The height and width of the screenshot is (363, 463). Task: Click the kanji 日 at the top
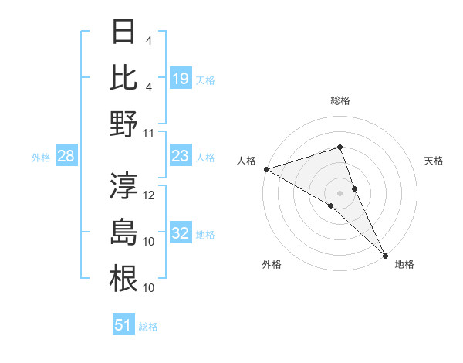pyautogui.click(x=123, y=33)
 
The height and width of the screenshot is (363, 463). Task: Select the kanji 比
pyautogui.click(x=123, y=78)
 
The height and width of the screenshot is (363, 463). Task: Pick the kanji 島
pyautogui.click(x=123, y=232)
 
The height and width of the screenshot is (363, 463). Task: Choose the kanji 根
pyautogui.click(x=123, y=279)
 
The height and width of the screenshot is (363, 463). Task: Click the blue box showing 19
pyautogui.click(x=181, y=78)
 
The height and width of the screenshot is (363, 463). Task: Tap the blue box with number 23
pyautogui.click(x=181, y=157)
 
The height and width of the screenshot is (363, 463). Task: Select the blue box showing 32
pyautogui.click(x=181, y=234)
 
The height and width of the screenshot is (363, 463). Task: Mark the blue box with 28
pyautogui.click(x=66, y=157)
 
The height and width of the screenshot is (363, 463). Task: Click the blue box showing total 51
pyautogui.click(x=123, y=325)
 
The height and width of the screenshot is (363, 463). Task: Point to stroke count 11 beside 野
pyautogui.click(x=149, y=133)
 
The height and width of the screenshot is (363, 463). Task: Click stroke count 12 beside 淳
pyautogui.click(x=149, y=195)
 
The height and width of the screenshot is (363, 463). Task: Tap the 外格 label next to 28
pyautogui.click(x=41, y=158)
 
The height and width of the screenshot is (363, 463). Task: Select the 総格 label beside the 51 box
pyautogui.click(x=148, y=327)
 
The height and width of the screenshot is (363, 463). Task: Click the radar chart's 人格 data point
pyautogui.click(x=266, y=168)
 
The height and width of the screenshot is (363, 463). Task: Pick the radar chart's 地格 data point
pyautogui.click(x=385, y=254)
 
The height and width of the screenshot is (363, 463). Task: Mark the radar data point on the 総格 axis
pyautogui.click(x=340, y=147)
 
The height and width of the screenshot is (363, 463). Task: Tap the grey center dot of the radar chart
pyautogui.click(x=340, y=192)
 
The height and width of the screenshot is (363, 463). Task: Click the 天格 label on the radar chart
pyautogui.click(x=434, y=161)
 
